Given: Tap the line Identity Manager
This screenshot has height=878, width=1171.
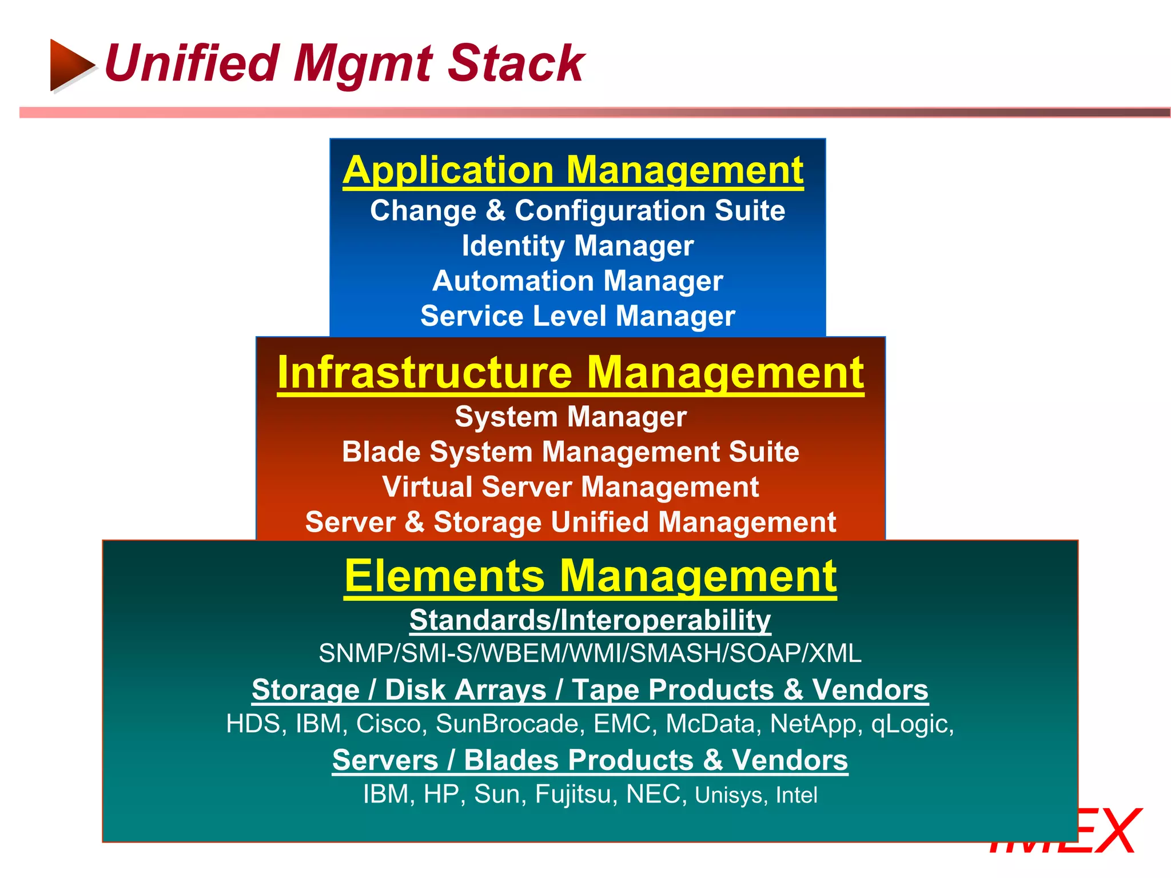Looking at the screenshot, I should [577, 246].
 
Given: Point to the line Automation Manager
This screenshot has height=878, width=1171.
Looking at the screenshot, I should [577, 281].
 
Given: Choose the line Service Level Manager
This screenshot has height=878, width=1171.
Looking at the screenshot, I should [577, 316].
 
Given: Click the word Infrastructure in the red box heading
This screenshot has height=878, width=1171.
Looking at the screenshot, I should [425, 372].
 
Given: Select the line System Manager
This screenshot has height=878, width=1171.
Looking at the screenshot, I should [571, 417].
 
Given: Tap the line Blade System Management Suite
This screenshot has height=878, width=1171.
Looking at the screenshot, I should [571, 452].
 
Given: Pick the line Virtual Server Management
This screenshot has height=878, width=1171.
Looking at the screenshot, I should [571, 487].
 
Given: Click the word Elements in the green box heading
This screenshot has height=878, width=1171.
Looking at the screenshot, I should [444, 576].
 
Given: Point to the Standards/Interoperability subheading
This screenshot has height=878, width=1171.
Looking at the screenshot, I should [590, 620].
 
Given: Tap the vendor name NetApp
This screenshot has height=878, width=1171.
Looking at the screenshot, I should [816, 724].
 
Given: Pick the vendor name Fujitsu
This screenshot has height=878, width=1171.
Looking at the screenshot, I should [576, 795].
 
